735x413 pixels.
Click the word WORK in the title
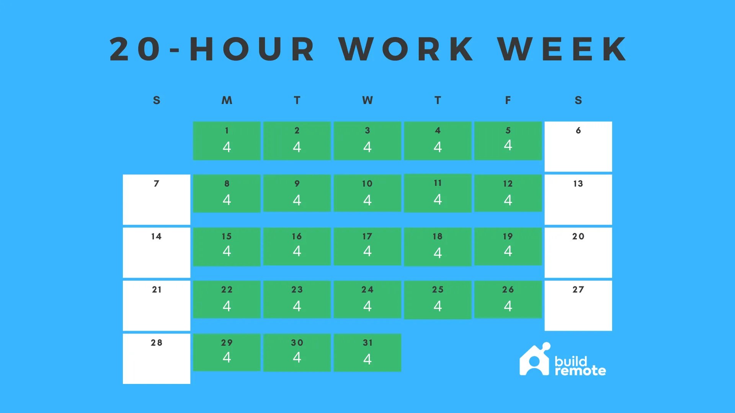pos(407,49)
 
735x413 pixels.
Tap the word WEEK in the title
pos(562,49)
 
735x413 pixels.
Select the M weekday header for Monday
pos(227,100)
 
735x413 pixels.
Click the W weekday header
pos(367,100)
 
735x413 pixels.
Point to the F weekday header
pos(508,100)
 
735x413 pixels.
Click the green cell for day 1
pos(227,141)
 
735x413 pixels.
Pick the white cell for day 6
pos(578,146)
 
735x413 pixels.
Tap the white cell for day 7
pos(157,200)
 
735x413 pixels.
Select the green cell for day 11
pos(438,193)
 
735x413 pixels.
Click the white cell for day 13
pos(578,200)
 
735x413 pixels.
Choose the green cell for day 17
pos(367,247)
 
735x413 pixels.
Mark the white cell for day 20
pos(578,253)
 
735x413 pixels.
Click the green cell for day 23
pos(297,299)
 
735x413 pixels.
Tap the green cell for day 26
pos(508,299)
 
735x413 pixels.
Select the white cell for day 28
pos(157,359)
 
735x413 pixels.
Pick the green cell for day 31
pos(367,353)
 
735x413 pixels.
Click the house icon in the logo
pos(535,359)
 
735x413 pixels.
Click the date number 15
pos(227,237)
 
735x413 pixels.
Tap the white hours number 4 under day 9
pos(297,200)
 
